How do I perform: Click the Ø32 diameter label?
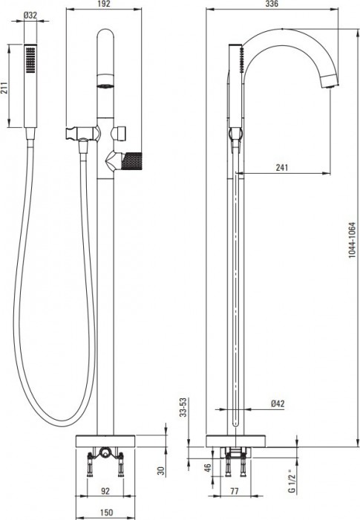[30, 15]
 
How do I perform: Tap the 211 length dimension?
[4, 88]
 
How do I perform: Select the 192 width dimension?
[104, 4]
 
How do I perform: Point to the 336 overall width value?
[272, 4]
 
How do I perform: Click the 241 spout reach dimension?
[282, 167]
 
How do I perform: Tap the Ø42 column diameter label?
[278, 403]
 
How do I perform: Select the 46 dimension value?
[207, 468]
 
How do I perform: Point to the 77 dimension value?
[235, 491]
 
